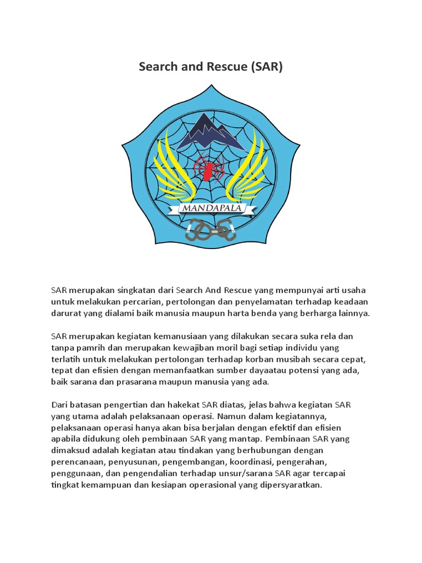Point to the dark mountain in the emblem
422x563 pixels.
212,133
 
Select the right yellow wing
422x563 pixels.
251,168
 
